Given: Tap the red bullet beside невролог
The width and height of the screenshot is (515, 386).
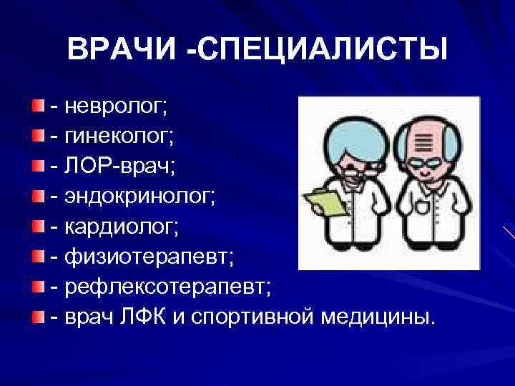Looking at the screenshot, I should (x=37, y=107).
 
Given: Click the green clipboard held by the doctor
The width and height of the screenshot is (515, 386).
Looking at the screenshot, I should (x=323, y=198).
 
